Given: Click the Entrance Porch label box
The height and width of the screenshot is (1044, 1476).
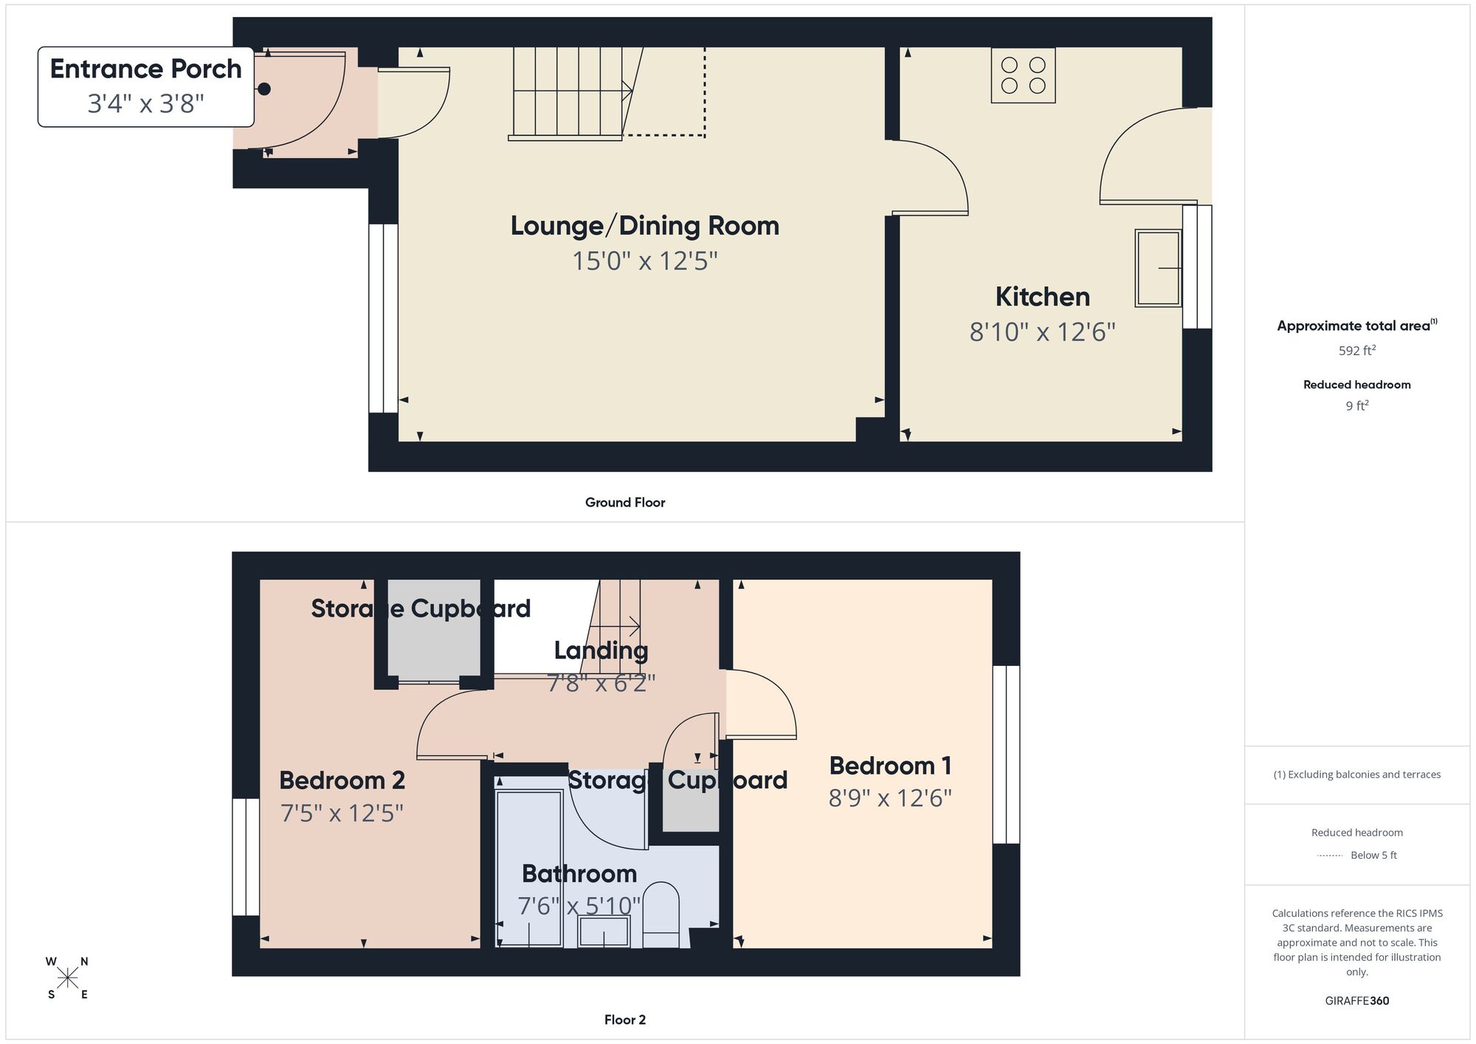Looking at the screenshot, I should [145, 86].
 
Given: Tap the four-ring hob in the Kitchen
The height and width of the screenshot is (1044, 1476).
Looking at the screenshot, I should [1023, 75].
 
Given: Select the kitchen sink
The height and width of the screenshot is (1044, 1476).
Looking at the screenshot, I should [1158, 267].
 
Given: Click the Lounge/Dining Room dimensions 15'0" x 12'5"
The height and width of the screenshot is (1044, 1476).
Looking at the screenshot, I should [644, 261].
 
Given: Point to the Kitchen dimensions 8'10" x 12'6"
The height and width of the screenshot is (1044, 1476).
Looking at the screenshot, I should [1041, 332].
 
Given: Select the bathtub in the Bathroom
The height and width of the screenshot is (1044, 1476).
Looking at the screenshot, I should [529, 868].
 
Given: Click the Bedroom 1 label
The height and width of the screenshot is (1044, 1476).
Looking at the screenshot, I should [889, 766].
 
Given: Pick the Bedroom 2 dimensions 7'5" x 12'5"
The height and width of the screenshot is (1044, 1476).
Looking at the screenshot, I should [342, 813].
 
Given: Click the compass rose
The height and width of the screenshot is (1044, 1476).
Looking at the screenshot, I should [67, 978].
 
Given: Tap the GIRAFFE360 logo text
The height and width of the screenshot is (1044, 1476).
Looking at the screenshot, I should [1356, 1000].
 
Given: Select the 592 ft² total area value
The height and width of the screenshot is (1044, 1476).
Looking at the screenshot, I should [1356, 351].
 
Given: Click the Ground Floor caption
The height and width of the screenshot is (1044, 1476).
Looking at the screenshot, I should [624, 502].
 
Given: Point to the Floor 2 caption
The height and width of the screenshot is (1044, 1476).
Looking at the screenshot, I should [624, 1020].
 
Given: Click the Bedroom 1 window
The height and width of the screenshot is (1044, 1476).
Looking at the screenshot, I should [1006, 754].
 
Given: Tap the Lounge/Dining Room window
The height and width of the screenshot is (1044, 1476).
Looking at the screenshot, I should [383, 317].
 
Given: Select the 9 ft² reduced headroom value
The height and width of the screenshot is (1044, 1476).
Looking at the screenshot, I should [1356, 405].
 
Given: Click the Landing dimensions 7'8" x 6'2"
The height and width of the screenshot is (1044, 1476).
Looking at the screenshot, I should [601, 683].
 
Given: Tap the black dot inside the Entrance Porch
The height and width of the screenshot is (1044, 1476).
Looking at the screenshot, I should [264, 89].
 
